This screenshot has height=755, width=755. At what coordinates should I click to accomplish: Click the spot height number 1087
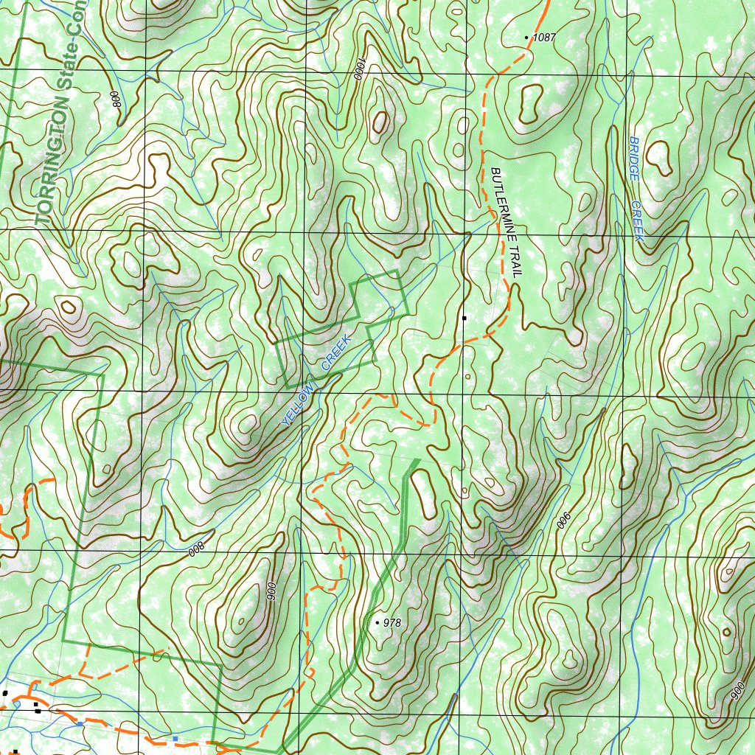pyautogui.click(x=544, y=37)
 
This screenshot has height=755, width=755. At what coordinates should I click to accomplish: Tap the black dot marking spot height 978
pyautogui.click(x=378, y=623)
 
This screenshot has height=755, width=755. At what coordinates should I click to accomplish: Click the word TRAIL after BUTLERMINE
pyautogui.click(x=515, y=262)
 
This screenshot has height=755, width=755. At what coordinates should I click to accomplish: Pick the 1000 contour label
pyautogui.click(x=359, y=69)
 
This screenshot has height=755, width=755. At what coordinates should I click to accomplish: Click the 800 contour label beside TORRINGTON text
pyautogui.click(x=116, y=99)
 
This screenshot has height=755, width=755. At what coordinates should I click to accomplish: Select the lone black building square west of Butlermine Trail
pyautogui.click(x=465, y=318)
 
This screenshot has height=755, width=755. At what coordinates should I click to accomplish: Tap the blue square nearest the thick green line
pyautogui.click(x=175, y=737)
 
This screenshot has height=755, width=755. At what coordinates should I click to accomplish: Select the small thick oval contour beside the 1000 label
pyautogui.click(x=380, y=122)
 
